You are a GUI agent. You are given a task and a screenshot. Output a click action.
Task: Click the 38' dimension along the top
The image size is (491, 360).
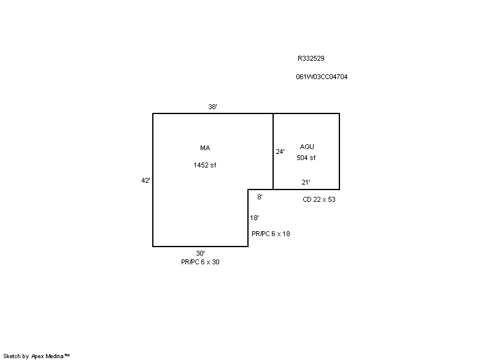click(x=212, y=107)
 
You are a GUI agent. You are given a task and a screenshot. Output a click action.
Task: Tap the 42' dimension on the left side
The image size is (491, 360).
click(x=145, y=180)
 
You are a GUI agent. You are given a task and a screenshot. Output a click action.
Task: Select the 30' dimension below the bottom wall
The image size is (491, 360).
click(x=201, y=253)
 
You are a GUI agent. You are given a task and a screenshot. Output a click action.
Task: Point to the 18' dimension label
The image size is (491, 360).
click(x=254, y=218)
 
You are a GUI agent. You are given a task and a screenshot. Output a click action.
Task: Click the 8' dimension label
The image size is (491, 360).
click(x=260, y=197)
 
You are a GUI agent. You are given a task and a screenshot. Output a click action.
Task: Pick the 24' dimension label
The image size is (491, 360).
click(x=280, y=151)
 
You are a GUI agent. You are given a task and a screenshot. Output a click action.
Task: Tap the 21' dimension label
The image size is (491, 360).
click(x=306, y=182)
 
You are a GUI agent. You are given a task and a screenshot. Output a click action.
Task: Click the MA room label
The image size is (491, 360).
click(x=205, y=148)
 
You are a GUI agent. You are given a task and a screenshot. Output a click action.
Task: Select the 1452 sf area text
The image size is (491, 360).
click(x=205, y=165)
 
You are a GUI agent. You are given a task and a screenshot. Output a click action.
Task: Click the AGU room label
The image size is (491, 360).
click(x=307, y=147)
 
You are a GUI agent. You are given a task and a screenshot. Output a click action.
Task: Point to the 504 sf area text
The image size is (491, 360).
click(x=306, y=158)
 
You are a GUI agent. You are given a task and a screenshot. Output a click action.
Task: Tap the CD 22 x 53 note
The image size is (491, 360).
click(x=319, y=199)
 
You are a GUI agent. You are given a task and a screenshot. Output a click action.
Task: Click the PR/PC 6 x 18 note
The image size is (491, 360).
click(x=271, y=234)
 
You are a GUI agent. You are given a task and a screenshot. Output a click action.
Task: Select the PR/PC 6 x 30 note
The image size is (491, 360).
click(x=201, y=262)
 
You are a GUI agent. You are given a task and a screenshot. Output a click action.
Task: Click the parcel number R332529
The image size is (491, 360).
click(x=311, y=58)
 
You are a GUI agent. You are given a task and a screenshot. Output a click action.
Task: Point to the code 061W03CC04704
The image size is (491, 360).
click(x=322, y=77)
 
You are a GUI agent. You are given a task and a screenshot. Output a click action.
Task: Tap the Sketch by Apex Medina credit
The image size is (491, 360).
click(x=37, y=356)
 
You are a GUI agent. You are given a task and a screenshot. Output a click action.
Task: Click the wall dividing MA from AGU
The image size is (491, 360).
click(x=273, y=151)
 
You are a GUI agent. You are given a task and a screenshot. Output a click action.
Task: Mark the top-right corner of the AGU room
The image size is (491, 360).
click(x=339, y=113)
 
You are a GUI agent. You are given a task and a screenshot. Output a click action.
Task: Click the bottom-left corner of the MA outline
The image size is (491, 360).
click(x=153, y=247)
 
